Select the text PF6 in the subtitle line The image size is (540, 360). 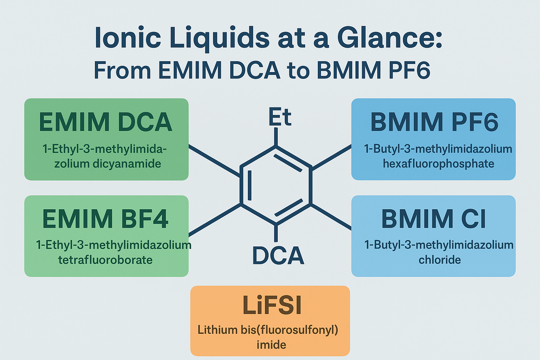[409, 70]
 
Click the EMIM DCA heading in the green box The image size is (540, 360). [105, 122]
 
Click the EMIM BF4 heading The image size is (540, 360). [105, 219]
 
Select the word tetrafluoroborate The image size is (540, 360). [105, 260]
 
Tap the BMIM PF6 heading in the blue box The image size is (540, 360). [434, 122]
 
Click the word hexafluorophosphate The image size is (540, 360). [438, 164]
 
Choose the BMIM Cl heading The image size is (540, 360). [433, 219]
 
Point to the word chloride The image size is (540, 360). [439, 260]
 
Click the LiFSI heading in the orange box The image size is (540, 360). [272, 305]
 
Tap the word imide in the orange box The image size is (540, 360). [271, 345]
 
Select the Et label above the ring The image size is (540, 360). [280, 117]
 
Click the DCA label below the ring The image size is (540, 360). [278, 256]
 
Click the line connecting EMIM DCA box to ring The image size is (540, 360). [214, 161]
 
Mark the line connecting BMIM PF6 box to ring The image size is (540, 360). [332, 157]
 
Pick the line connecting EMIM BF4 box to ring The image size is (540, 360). [214, 220]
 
